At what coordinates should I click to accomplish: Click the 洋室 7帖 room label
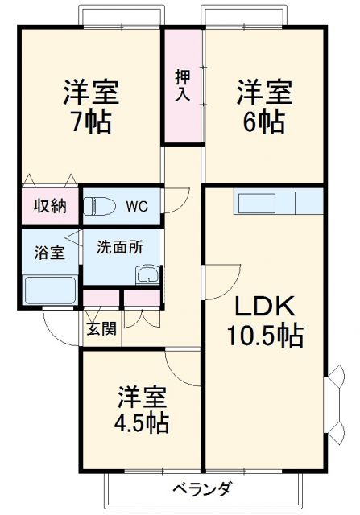coord(91,106)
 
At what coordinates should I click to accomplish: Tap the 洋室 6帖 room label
coord(263,106)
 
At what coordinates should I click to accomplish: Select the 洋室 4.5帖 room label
coord(143,409)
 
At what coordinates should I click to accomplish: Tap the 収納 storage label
coord(50,205)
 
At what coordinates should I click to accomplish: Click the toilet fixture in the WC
coord(99,206)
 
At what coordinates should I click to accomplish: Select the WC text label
coord(135,205)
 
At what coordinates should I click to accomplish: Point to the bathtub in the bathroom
coord(50,290)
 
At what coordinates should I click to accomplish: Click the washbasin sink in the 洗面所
coord(147,275)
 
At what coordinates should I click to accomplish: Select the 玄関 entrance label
coord(101,328)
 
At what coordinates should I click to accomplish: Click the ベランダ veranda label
coord(204,488)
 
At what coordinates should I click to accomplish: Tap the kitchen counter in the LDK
coord(279,202)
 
